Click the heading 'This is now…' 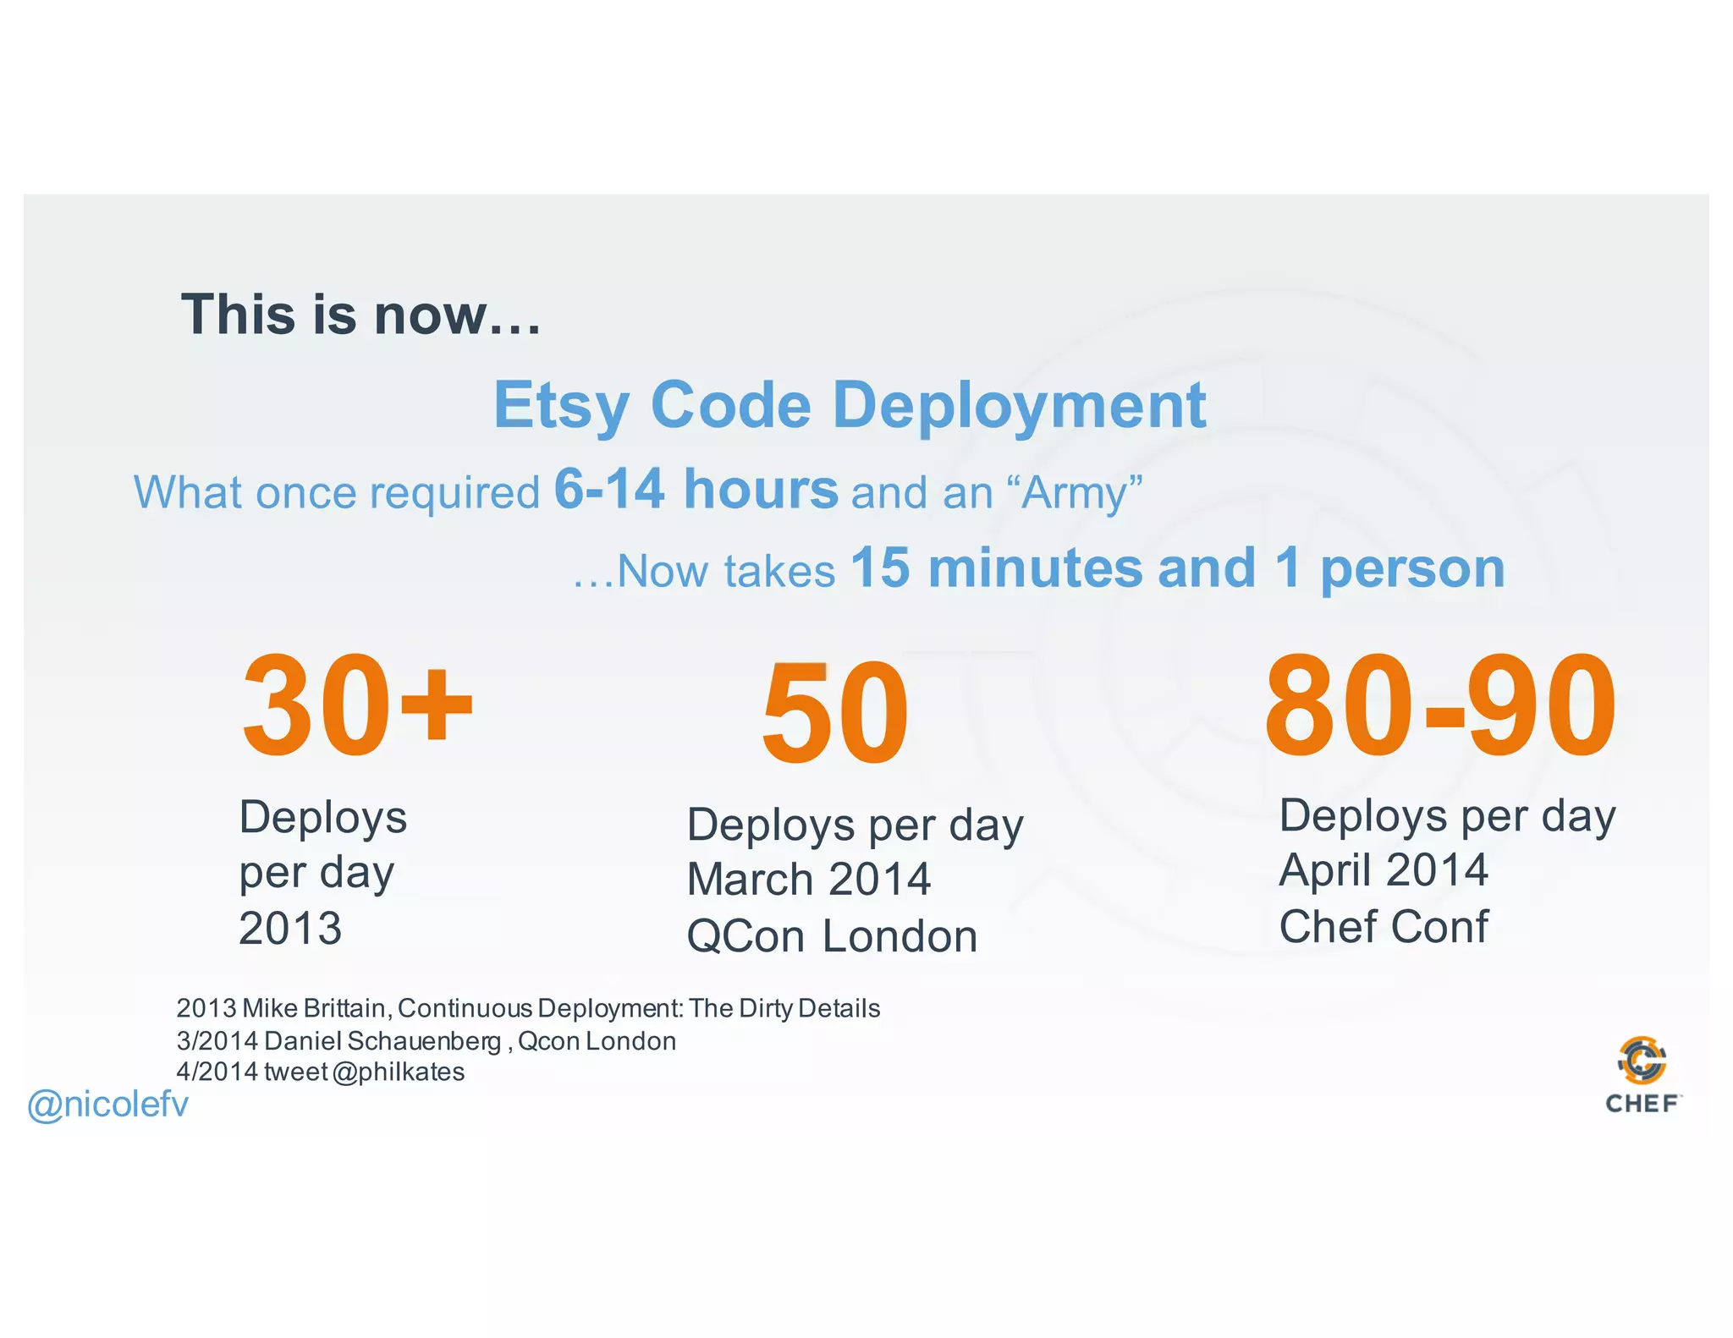coord(360,315)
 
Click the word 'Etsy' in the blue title coord(561,406)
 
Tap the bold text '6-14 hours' coord(696,490)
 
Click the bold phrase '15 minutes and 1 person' coord(1178,568)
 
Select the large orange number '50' coord(835,713)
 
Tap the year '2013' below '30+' coord(290,929)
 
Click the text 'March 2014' coord(808,880)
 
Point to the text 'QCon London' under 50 coord(832,936)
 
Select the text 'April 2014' coord(1383,870)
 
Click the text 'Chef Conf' coord(1383,927)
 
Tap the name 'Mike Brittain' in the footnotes coord(314,1008)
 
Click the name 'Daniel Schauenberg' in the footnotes coord(382,1041)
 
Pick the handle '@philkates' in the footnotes coord(399,1072)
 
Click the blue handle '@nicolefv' coord(107,1105)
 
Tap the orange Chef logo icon coord(1642,1060)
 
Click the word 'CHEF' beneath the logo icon coord(1642,1104)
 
